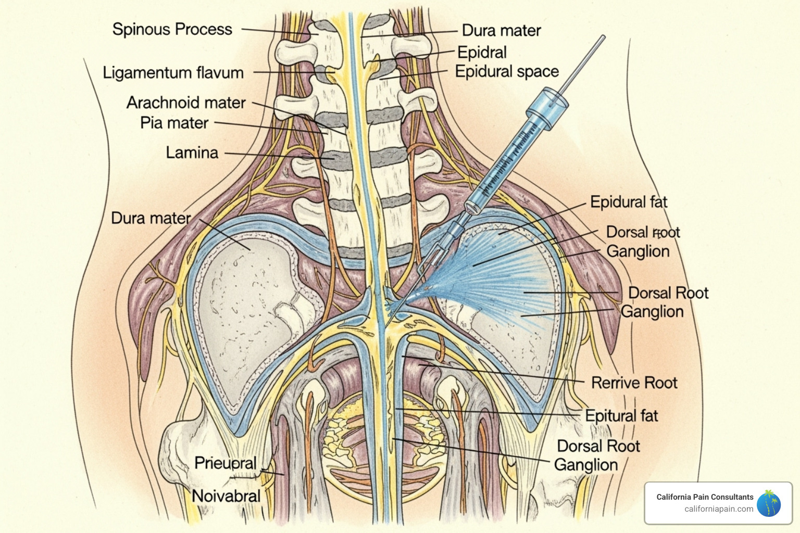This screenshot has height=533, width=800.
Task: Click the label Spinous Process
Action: click(x=172, y=29)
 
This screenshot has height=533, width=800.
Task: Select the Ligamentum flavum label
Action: click(x=173, y=72)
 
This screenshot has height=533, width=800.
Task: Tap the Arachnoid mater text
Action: click(x=185, y=103)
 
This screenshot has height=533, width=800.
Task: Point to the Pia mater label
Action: click(x=174, y=123)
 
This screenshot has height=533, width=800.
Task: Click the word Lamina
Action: click(x=192, y=153)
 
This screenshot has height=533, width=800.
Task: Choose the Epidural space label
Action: click(x=506, y=71)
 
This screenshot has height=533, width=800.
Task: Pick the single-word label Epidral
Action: click(x=482, y=52)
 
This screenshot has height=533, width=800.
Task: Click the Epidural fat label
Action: click(x=628, y=202)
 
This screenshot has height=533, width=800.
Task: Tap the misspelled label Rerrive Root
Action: click(x=634, y=383)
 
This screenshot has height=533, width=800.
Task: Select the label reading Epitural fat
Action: click(x=621, y=415)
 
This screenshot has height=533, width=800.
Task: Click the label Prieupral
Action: click(x=225, y=463)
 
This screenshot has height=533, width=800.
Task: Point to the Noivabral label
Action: click(x=226, y=496)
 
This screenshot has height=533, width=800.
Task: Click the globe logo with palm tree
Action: click(x=769, y=503)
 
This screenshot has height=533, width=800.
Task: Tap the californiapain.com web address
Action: click(x=719, y=509)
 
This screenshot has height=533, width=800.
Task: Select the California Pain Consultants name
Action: click(x=705, y=497)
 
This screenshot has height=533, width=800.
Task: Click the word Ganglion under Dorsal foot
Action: click(x=637, y=251)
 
